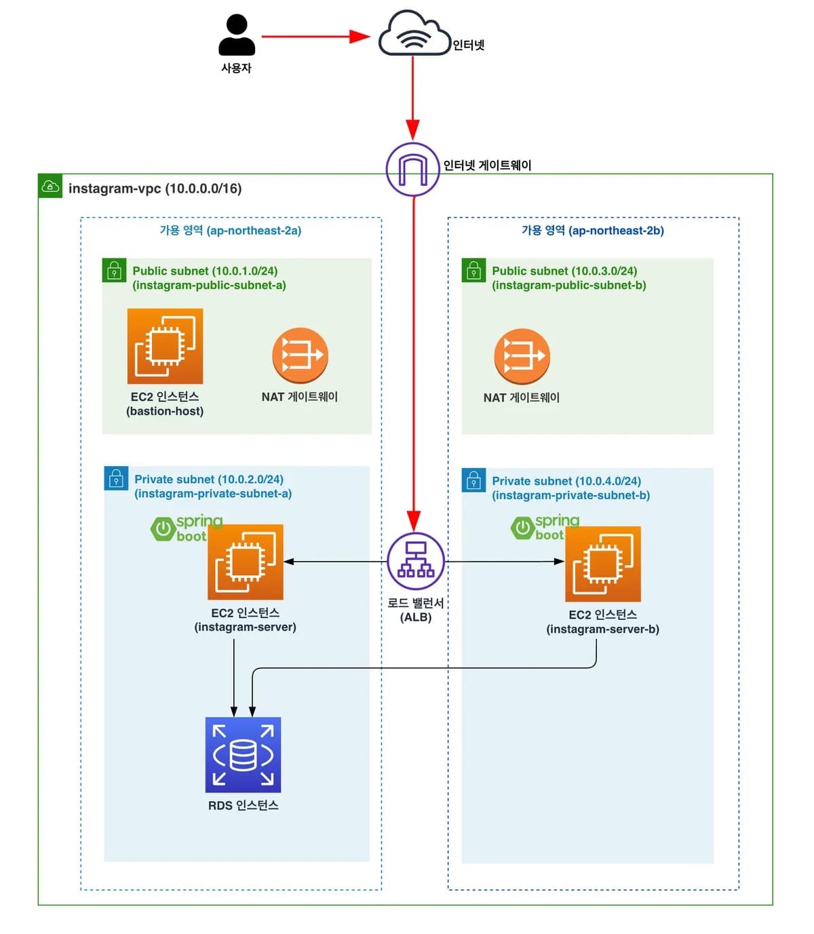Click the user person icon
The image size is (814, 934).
237,35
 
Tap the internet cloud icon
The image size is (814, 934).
414,33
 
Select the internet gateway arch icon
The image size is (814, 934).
412,170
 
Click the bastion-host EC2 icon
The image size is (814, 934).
165,346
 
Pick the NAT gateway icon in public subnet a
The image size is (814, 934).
300,355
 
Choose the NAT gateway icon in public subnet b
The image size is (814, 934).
522,357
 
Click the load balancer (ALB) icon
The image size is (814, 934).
415,561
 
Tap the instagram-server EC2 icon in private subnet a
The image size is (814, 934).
245,562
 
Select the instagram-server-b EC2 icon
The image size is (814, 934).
602,564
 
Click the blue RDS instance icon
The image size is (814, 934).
243,755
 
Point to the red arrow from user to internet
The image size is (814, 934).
315,37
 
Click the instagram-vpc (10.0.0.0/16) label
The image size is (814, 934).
155,189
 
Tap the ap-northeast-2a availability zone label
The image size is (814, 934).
231,231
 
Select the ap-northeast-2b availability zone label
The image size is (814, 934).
593,231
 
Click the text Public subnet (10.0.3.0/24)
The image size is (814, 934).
564,271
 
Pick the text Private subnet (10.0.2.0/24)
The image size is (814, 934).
209,480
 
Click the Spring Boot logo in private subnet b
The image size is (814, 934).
545,528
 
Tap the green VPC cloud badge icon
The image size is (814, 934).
50,186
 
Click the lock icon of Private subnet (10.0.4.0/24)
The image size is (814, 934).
473,480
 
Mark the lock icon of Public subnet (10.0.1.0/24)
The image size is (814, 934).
114,270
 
